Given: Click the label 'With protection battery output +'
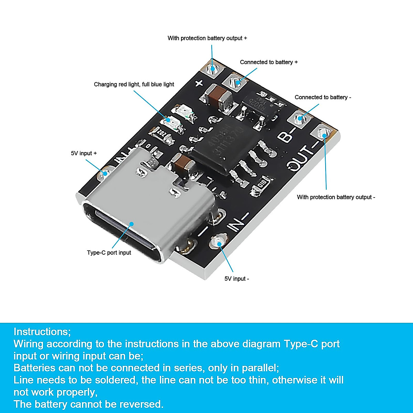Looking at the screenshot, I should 207,38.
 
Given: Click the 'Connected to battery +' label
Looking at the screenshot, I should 269,62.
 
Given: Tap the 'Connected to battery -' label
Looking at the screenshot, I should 323,97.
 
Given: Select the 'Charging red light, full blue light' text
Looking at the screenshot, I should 134,84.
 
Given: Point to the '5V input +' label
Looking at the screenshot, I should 84,153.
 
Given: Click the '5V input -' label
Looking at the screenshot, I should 237,279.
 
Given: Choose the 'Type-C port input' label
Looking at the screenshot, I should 109,253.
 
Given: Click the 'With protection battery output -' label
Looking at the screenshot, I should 336,197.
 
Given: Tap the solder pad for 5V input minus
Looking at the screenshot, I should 219,241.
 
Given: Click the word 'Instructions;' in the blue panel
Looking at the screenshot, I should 42,332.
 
